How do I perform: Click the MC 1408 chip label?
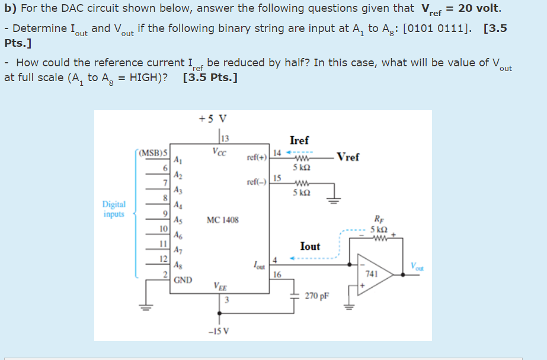tap(223, 220)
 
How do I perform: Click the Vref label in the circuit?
tap(348, 157)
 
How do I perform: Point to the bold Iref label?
tap(299, 140)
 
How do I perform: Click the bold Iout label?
tap(310, 246)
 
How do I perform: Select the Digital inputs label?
tap(114, 209)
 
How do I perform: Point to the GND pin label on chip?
tap(183, 279)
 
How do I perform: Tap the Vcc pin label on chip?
tap(217, 150)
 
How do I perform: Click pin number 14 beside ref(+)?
tap(277, 152)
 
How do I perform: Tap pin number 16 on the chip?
tap(277, 274)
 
